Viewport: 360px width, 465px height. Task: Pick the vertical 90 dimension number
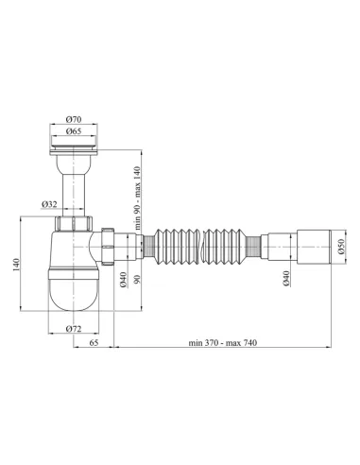140,279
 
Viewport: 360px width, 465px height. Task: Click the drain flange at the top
73,146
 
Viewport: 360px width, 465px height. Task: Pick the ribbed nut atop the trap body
73,225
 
